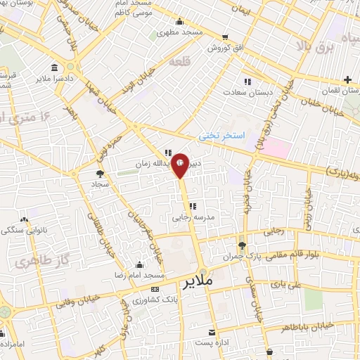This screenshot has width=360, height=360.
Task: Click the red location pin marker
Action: [181, 165]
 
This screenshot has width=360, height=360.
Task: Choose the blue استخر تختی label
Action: [220, 134]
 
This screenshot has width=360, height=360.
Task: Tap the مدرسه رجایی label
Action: [188, 218]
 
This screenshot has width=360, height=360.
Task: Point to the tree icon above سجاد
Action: [100, 174]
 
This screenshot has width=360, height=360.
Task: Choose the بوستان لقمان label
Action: [335, 91]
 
